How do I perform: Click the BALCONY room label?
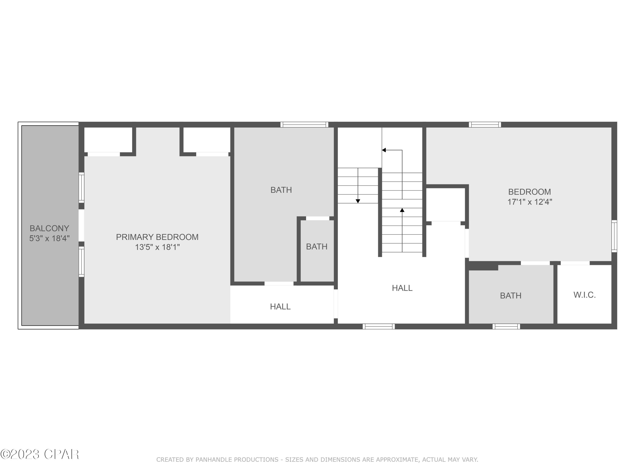(x=49, y=228)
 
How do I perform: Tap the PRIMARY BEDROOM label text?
(x=157, y=237)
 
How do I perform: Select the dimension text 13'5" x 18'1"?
(x=157, y=247)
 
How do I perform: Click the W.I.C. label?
(x=584, y=295)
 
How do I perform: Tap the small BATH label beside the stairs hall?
(x=317, y=247)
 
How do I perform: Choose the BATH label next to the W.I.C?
(x=511, y=296)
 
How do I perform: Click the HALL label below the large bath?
(x=280, y=307)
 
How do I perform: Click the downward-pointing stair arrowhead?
(x=358, y=201)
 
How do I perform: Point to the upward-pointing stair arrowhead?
(x=402, y=210)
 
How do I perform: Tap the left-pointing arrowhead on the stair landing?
(x=384, y=150)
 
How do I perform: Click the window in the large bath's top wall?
(x=304, y=125)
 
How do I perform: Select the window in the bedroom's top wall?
(x=485, y=125)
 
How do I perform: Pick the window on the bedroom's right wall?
(x=614, y=236)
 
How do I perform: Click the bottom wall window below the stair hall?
(x=379, y=326)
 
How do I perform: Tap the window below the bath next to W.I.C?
(x=506, y=326)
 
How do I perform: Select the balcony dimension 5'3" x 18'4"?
(x=49, y=238)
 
